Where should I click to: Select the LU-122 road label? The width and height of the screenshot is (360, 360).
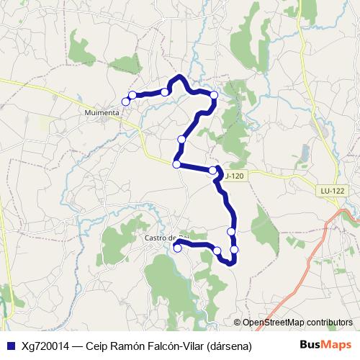pyautogui.click(x=332, y=190)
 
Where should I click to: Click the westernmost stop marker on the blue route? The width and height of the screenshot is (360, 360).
pyautogui.click(x=126, y=102)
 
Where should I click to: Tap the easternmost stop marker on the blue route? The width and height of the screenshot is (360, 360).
pyautogui.click(x=234, y=249)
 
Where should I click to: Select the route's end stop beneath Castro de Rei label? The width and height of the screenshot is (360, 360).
pyautogui.click(x=177, y=248)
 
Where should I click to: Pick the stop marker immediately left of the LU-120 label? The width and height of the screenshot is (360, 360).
pyautogui.click(x=212, y=171)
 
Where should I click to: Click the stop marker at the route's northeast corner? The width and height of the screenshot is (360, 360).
pyautogui.click(x=214, y=95)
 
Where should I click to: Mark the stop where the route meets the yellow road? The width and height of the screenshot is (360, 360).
pyautogui.click(x=176, y=164)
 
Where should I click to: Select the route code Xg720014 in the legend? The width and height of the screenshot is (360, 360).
pyautogui.click(x=45, y=346)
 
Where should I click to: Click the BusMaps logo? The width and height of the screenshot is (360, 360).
pyautogui.click(x=325, y=345)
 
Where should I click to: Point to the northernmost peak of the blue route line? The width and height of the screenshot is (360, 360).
pyautogui.click(x=179, y=76)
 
